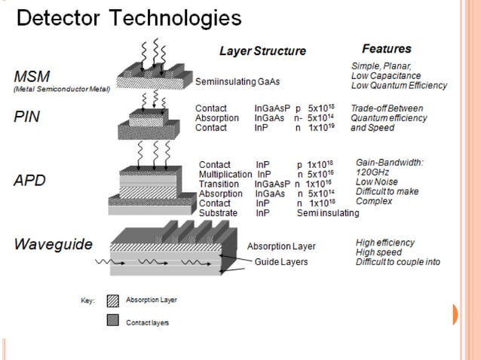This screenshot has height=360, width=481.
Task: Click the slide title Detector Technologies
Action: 129,17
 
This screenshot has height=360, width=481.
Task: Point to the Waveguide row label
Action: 53,244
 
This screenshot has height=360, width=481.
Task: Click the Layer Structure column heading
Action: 262,51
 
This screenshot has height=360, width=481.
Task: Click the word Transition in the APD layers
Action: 219,184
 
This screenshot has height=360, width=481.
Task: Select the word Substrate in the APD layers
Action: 219,213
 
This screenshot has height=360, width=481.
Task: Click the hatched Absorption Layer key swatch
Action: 113,300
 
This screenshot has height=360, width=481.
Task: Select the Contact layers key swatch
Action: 113,322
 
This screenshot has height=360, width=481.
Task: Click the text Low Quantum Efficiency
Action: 399,85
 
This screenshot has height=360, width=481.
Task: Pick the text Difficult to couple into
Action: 397,262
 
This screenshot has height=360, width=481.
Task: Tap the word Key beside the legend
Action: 87,301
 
